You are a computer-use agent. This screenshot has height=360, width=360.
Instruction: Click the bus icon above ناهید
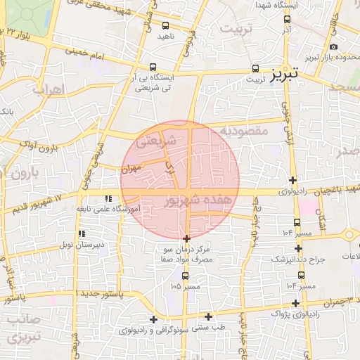pyautogui.click(x=165, y=25)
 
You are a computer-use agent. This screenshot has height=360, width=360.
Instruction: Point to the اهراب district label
pyautogui.click(x=49, y=90)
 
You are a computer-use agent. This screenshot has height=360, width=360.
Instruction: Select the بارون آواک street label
pyautogui.click(x=39, y=146)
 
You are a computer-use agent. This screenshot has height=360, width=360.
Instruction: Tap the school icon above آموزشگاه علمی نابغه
pyautogui.click(x=108, y=199)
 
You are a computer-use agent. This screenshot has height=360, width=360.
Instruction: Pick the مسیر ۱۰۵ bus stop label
pyautogui.click(x=185, y=287)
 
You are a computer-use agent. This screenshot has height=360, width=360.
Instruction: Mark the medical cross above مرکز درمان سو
pyautogui.click(x=186, y=239)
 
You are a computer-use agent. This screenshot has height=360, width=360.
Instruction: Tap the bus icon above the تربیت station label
pyautogui.click(x=255, y=70)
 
